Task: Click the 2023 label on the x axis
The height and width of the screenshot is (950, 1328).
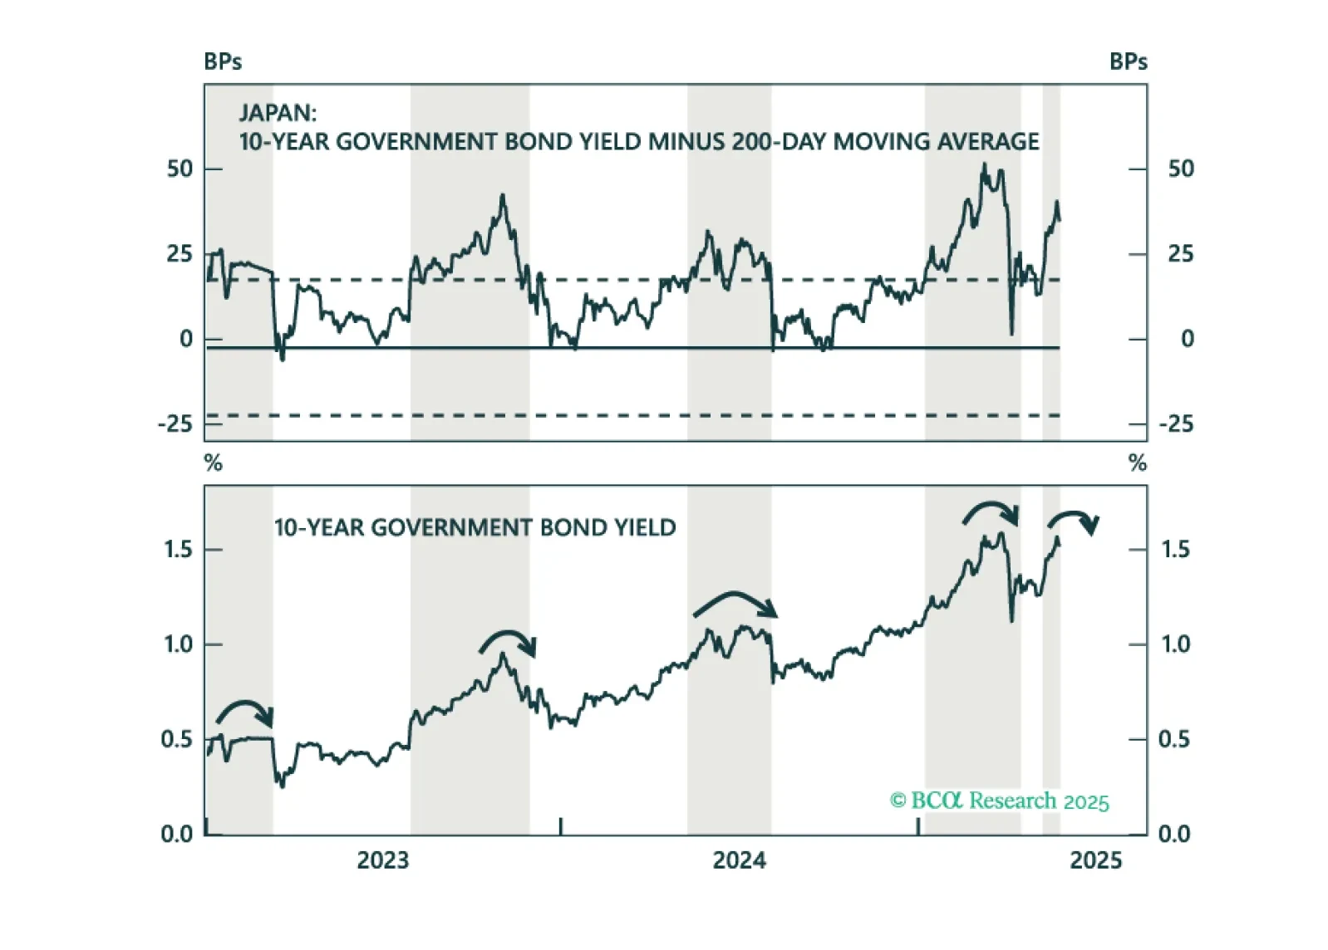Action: [x=383, y=860]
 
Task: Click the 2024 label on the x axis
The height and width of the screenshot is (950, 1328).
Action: [x=739, y=860]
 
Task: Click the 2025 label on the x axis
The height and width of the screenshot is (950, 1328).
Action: [x=1095, y=860]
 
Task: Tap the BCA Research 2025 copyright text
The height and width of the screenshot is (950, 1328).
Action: [x=999, y=801]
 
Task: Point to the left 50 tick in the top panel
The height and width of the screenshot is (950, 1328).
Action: [x=180, y=169]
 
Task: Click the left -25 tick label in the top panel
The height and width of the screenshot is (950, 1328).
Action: [x=175, y=424]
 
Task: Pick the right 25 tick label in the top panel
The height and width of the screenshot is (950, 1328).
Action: [x=1181, y=254]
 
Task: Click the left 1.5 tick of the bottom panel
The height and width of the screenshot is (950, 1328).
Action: [x=179, y=550]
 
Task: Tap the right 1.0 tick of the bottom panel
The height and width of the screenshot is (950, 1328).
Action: [x=1175, y=644]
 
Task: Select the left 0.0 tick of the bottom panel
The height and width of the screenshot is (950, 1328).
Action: [x=177, y=834]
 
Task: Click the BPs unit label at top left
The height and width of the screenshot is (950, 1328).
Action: [x=223, y=62]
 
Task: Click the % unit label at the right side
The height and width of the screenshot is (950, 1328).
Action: [x=1138, y=463]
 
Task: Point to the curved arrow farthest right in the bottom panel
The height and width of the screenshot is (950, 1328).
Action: [x=1073, y=522]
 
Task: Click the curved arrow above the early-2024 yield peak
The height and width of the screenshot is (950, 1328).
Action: [x=735, y=604]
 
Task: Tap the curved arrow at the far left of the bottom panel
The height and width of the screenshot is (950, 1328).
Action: [x=245, y=712]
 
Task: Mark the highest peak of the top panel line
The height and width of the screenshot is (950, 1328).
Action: [x=985, y=164]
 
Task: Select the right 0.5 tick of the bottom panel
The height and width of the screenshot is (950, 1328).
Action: [x=1173, y=739]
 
